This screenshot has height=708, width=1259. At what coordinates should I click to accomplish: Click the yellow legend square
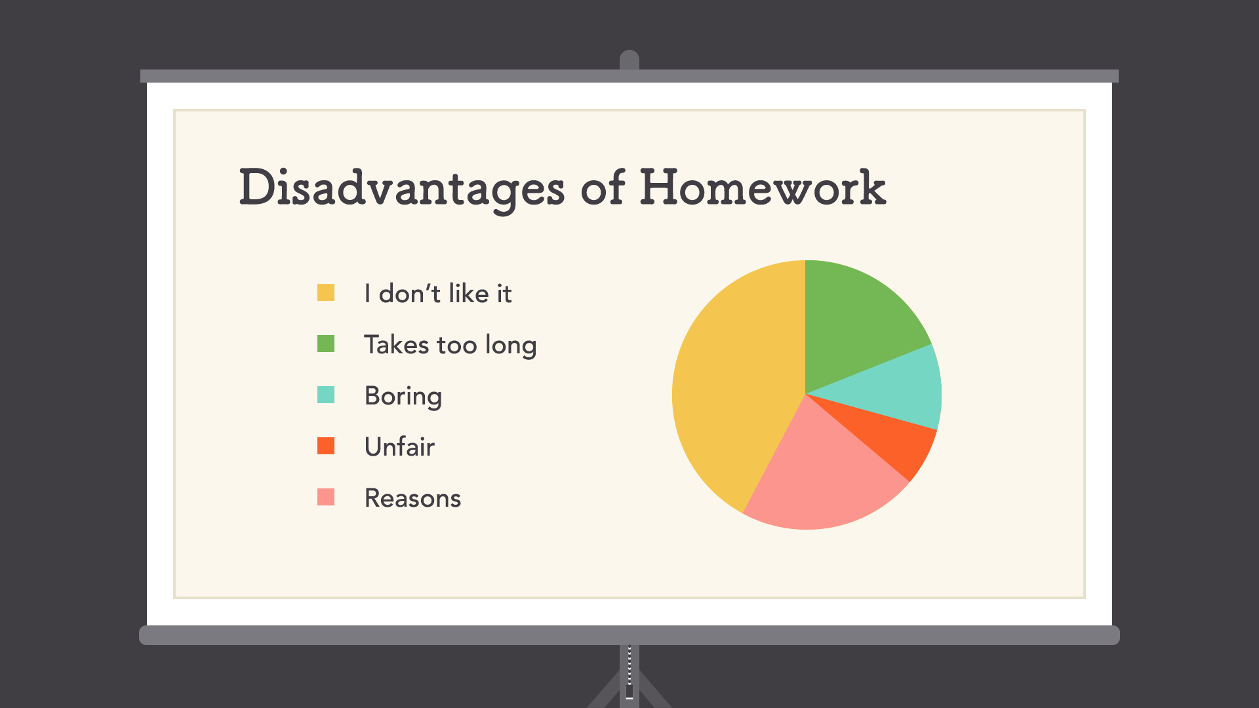tap(326, 292)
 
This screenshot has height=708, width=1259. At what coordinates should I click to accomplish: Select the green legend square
tap(326, 344)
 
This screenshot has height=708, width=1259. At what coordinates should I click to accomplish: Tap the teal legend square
tap(326, 395)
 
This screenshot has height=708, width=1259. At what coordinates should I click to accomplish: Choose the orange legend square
tap(326, 446)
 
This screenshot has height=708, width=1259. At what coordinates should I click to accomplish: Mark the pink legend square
tap(326, 497)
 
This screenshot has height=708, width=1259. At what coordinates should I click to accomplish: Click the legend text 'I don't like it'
tap(437, 294)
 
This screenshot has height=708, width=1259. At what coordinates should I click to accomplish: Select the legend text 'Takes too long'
tap(450, 345)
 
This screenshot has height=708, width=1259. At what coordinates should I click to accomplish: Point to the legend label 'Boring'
tap(403, 396)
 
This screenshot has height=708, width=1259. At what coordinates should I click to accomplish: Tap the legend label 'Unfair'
tap(399, 447)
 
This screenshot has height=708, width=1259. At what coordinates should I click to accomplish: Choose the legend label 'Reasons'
tap(412, 498)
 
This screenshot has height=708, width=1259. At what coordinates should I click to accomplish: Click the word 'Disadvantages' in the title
tap(401, 188)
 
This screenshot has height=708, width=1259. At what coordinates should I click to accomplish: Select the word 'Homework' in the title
tap(763, 188)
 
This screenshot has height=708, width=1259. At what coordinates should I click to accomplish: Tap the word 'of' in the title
tap(603, 188)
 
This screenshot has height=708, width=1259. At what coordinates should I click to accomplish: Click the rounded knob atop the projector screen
tap(629, 59)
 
